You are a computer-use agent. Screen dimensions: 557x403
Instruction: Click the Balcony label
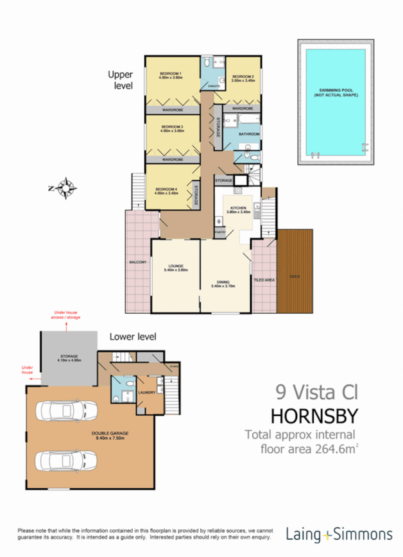point(138,262)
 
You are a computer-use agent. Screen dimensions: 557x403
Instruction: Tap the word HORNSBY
point(315,414)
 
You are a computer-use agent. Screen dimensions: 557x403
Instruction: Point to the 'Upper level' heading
point(120,80)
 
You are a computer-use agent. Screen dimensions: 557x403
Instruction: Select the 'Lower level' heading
point(132,336)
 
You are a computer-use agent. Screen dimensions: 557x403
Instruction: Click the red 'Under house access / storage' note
point(67,313)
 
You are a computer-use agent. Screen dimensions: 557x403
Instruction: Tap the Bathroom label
point(249,134)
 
